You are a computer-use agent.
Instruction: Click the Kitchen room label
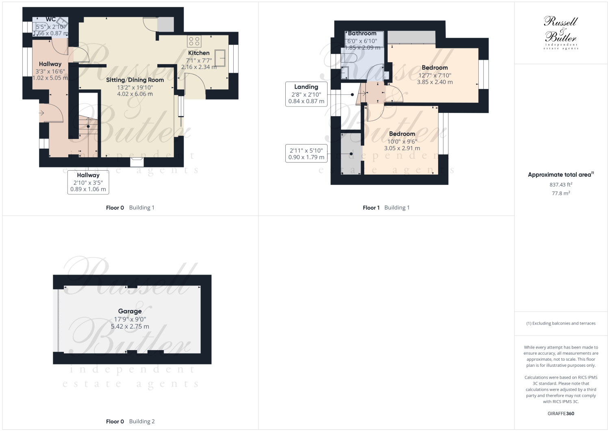[199, 53]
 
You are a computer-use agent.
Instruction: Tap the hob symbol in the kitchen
[194, 41]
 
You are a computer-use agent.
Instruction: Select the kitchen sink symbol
[220, 58]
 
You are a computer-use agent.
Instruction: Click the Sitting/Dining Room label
[135, 80]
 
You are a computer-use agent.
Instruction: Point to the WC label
[51, 19]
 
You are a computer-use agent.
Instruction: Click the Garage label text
[130, 311]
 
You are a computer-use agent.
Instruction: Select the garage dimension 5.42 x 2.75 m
[130, 327]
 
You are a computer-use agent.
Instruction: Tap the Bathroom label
[362, 33]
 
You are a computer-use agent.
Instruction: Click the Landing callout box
[306, 94]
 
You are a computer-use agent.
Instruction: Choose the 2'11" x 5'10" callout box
[306, 154]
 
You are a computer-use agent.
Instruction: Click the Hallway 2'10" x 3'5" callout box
[88, 182]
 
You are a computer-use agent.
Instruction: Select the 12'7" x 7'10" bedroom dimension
[434, 75]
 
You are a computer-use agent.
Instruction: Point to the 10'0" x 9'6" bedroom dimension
[402, 141]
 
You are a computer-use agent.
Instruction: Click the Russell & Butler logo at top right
[561, 32]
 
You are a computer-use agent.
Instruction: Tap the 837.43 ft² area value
[561, 184]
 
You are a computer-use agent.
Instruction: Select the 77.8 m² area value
[561, 193]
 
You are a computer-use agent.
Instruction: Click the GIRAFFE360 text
[561, 414]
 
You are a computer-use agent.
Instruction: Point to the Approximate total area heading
[560, 175]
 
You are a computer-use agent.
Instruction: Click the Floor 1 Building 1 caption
[386, 208]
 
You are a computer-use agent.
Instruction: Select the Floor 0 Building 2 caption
[130, 421]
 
